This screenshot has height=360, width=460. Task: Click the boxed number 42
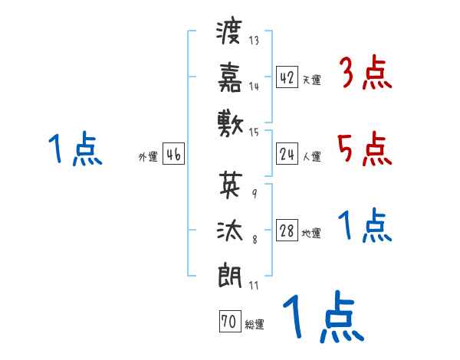pos(287,77)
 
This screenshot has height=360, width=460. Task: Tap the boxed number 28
pos(287,232)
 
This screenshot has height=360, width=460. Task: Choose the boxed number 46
pos(173,155)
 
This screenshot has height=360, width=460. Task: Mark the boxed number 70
pos(228,322)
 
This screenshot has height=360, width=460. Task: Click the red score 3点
pos(365,74)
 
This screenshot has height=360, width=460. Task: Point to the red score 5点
pos(365,148)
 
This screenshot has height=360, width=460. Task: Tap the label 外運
pos(148,157)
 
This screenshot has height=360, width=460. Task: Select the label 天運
pos(311,80)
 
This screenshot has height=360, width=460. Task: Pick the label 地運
pos(311,234)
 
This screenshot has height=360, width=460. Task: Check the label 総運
pos(255,325)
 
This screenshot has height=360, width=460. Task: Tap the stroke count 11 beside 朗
pos(253,286)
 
